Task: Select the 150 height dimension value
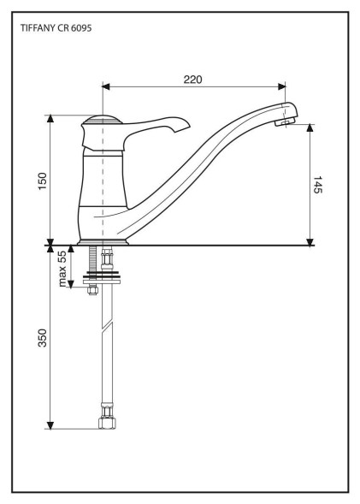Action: pyautogui.click(x=43, y=181)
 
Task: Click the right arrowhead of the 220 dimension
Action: pyautogui.click(x=281, y=86)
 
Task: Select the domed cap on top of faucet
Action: pyautogui.click(x=101, y=119)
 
